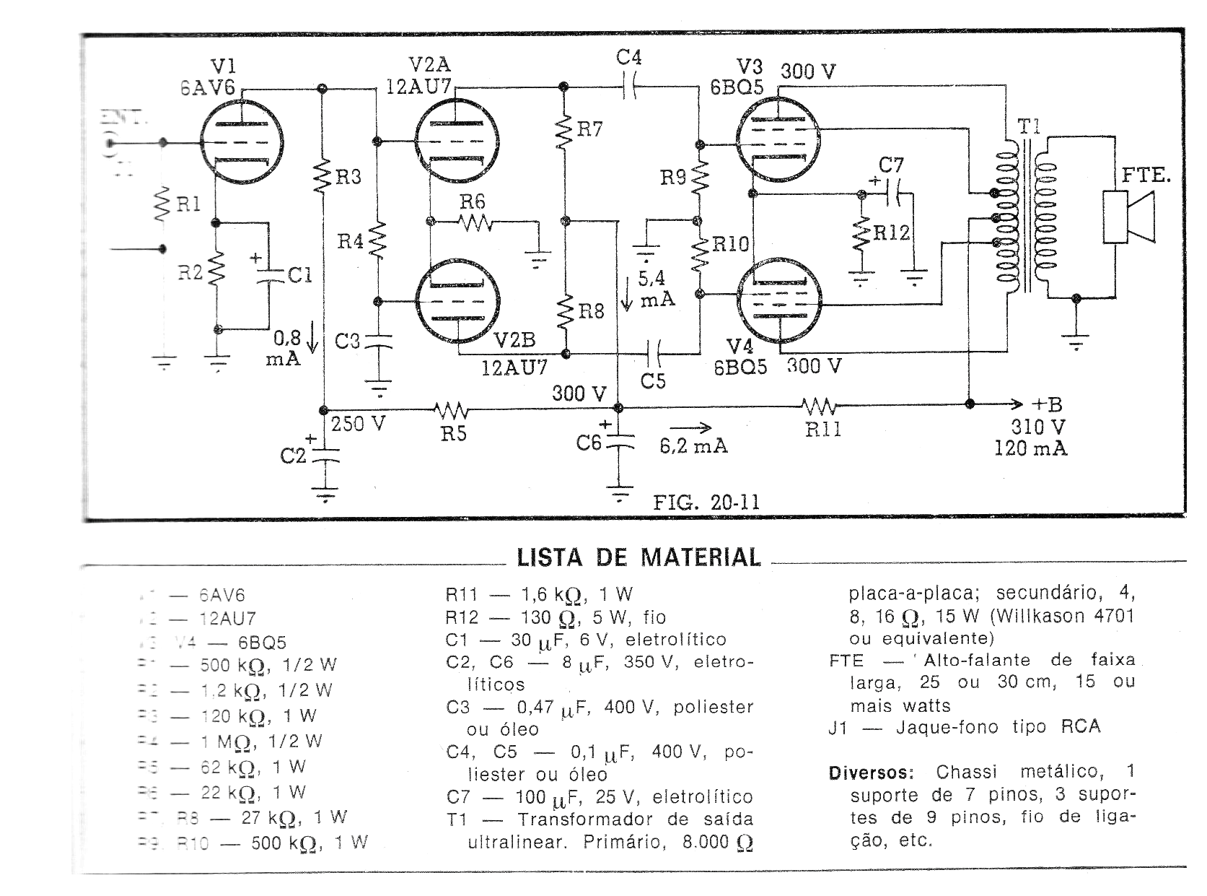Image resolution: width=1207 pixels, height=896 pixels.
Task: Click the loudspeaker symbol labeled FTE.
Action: tap(1129, 217)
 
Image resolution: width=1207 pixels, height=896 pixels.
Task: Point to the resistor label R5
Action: tap(454, 433)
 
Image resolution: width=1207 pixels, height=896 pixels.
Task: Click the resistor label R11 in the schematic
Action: tap(822, 430)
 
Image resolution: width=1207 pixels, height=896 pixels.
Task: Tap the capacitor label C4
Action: tap(628, 56)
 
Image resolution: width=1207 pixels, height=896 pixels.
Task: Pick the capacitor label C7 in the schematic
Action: tap(892, 165)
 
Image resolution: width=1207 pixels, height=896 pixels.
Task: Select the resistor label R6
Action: tap(473, 201)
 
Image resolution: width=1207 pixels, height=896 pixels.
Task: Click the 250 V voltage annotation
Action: tap(358, 424)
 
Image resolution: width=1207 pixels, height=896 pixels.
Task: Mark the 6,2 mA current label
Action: tap(693, 447)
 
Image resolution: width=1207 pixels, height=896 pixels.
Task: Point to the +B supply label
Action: tap(1047, 404)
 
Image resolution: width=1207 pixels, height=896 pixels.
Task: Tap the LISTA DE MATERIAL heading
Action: tap(638, 557)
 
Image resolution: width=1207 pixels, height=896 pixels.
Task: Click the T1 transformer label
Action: tap(1030, 127)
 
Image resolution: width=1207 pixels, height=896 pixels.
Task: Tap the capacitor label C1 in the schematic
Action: tap(299, 275)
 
